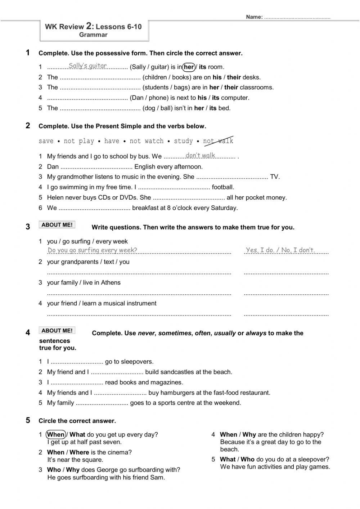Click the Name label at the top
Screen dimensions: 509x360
254,17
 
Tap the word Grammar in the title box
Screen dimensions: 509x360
93,35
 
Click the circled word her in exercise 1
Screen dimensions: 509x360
189,67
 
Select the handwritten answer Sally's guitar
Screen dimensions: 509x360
87,66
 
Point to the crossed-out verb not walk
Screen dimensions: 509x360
218,141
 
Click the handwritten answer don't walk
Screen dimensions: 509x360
200,155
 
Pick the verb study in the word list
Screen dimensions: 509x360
183,141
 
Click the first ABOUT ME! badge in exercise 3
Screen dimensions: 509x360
57,225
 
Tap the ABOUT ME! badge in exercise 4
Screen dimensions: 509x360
57,331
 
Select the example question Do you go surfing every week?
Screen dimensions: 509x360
92,250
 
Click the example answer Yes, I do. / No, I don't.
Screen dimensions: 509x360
280,250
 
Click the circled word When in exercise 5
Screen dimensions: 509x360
56,434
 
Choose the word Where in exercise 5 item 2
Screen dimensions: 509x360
79,452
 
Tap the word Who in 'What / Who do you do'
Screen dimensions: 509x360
247,459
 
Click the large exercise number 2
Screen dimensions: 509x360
28,125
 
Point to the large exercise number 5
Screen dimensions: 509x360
28,420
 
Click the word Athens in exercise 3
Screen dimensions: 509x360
111,283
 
